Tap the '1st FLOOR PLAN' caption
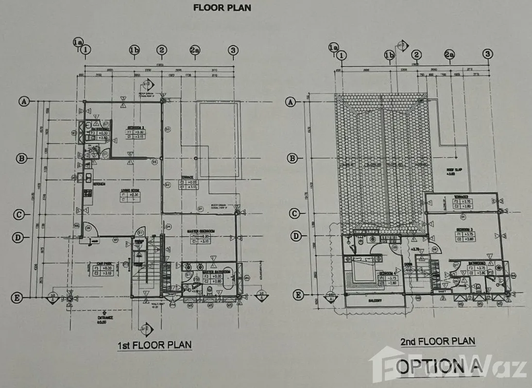[x=154, y=345]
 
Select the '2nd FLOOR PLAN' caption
[x=437, y=341]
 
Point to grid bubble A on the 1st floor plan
[x=23, y=101]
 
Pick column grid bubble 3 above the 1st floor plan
[x=233, y=50]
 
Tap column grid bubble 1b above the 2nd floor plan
[x=389, y=55]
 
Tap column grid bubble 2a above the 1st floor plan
[x=195, y=50]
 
